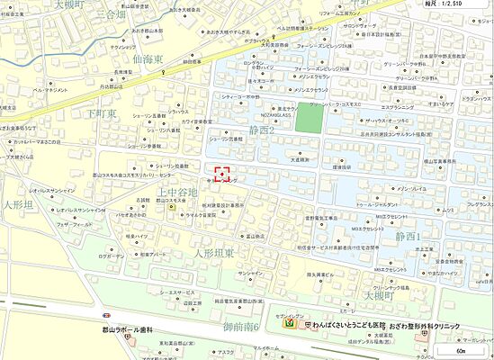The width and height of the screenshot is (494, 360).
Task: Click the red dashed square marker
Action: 223,173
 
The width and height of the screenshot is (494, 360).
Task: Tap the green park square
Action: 309,119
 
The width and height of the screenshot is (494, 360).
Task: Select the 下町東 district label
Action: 102,114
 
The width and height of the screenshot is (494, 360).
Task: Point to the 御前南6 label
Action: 242,326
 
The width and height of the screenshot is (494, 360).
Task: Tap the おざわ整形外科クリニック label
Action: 438,324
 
